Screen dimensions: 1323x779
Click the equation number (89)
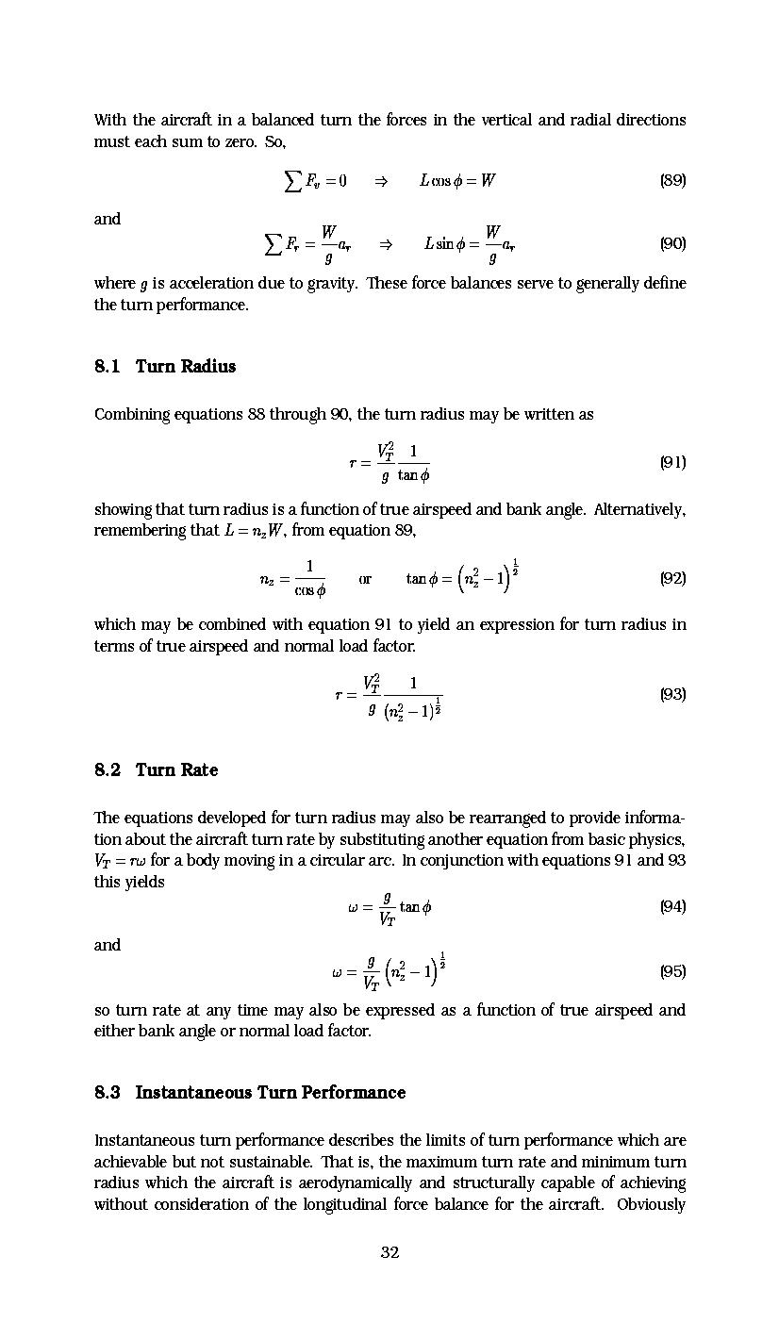672,180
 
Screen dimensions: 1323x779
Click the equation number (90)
672,243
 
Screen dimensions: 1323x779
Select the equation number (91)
672,462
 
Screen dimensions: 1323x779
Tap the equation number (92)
672,578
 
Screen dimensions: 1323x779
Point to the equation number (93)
672,694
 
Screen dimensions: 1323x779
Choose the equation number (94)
672,906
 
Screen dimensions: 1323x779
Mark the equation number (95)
672,971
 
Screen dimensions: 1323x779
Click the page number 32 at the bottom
389,1252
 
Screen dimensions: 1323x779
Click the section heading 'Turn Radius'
186,366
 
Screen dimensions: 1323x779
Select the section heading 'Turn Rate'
176,769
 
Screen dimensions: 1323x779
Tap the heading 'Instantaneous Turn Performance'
271,1092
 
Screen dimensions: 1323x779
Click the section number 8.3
108,1092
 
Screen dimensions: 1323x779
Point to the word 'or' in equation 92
365,579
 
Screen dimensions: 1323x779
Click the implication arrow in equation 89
381,181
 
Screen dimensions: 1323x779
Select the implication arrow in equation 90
385,244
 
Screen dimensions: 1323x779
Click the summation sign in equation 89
293,180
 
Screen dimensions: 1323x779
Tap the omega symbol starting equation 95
338,972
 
